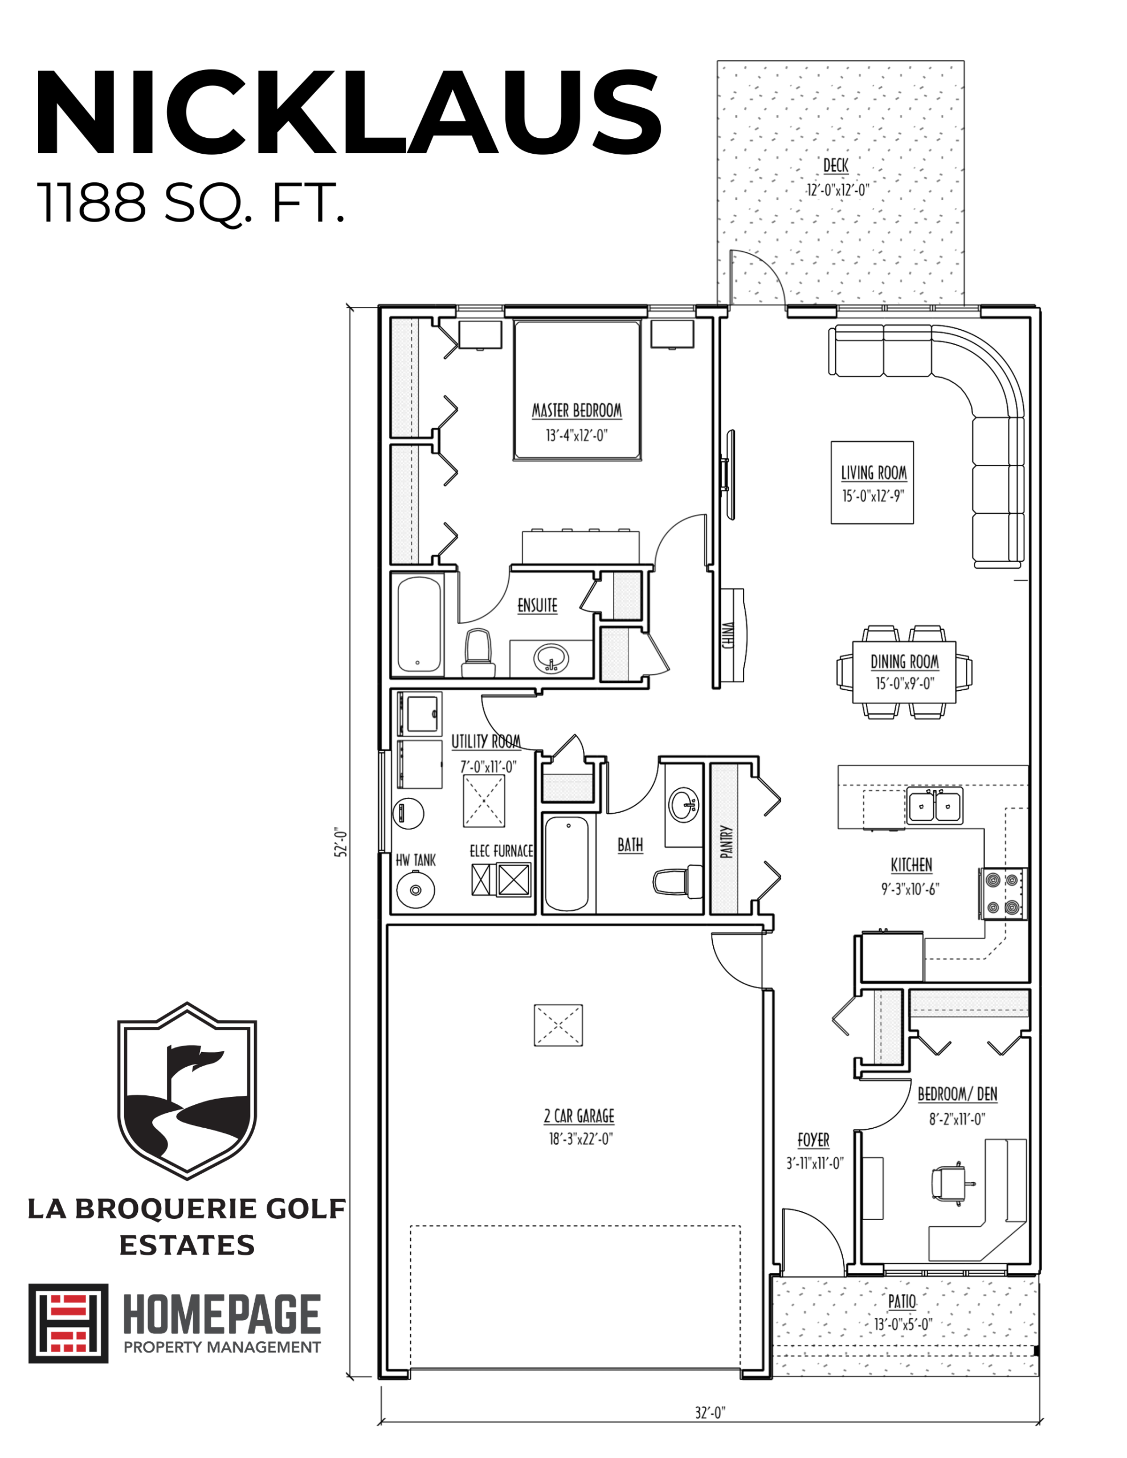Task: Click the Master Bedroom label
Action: pos(577,411)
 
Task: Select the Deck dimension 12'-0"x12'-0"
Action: pos(838,190)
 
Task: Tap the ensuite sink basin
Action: pos(551,659)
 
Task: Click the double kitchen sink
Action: pos(934,806)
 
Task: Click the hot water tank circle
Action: pos(415,890)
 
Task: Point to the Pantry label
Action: pos(727,841)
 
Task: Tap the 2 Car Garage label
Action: pos(578,1116)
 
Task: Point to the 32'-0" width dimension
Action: pos(710,1412)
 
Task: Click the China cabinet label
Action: pos(728,636)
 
